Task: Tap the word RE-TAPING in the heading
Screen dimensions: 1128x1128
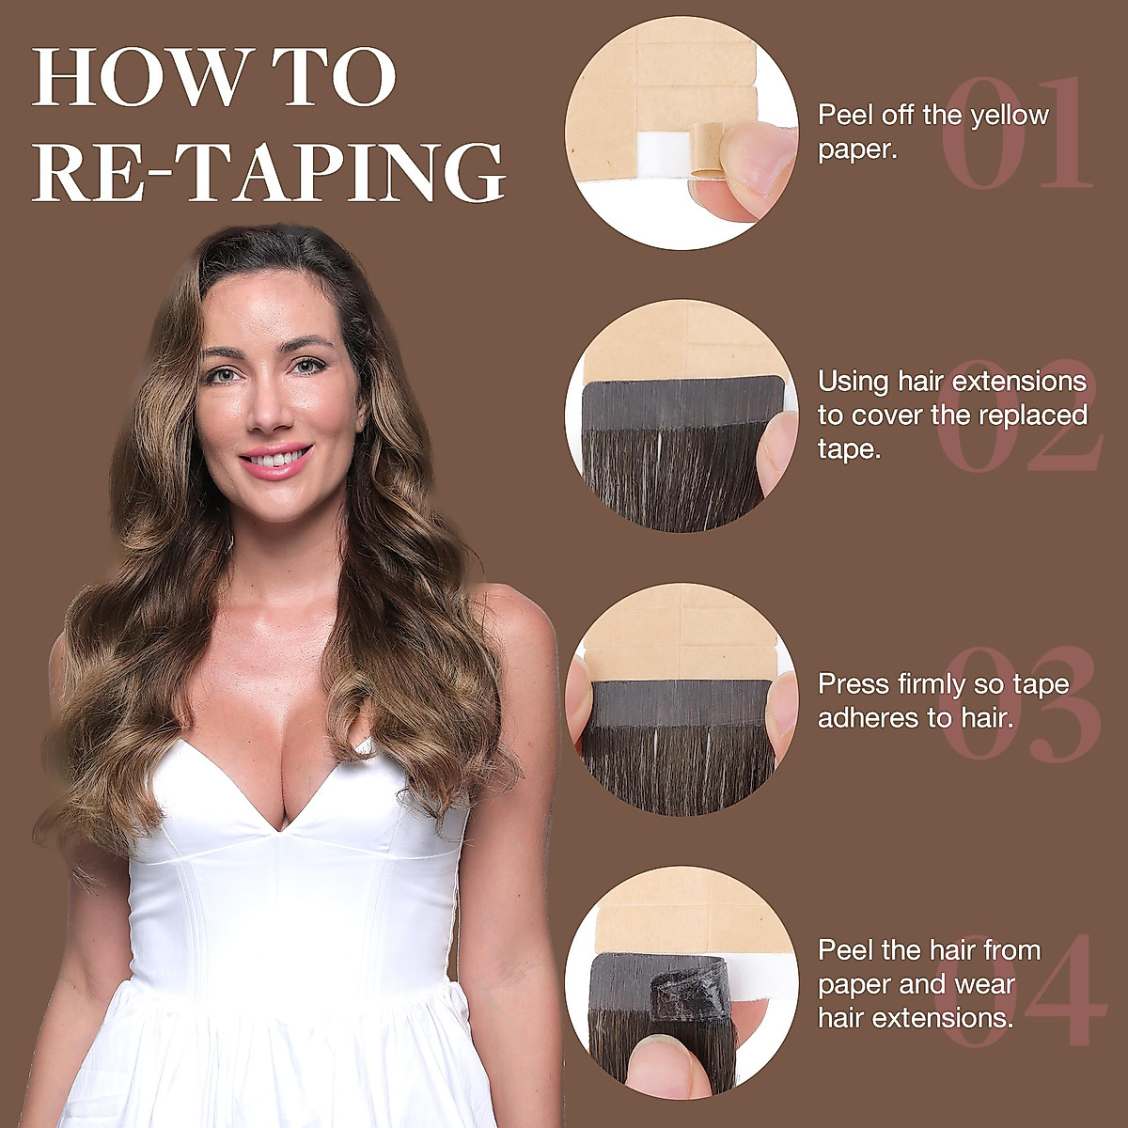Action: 269,172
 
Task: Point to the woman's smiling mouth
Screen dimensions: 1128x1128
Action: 274,461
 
